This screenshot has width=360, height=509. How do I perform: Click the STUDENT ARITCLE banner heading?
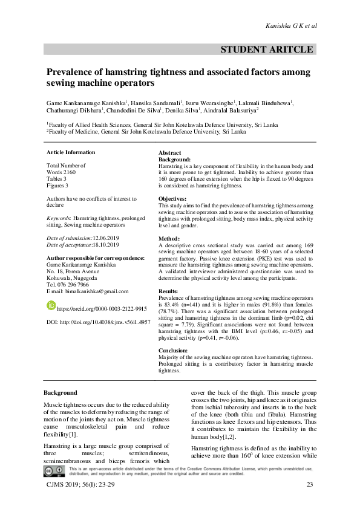point(269,50)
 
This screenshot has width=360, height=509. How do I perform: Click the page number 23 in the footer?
point(310,485)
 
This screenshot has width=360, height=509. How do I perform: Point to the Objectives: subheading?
point(172,199)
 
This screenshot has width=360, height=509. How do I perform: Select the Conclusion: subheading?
point(175,350)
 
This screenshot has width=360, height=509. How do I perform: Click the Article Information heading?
point(71,152)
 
